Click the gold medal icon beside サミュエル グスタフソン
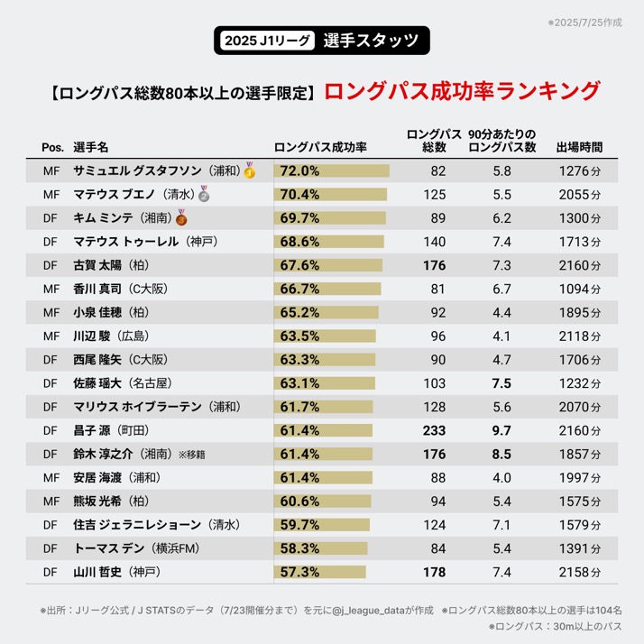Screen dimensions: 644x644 250,170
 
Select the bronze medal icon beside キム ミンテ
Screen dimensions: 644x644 181,218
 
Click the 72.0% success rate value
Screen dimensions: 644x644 300,170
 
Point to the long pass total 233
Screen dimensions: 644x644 434,430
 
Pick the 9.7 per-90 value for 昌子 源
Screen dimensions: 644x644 502,430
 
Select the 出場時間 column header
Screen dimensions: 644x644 579,146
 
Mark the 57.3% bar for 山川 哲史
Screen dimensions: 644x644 320,572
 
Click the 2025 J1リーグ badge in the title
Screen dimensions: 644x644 268,40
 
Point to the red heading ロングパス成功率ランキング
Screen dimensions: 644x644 461,91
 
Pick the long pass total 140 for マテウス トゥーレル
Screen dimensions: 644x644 434,242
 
